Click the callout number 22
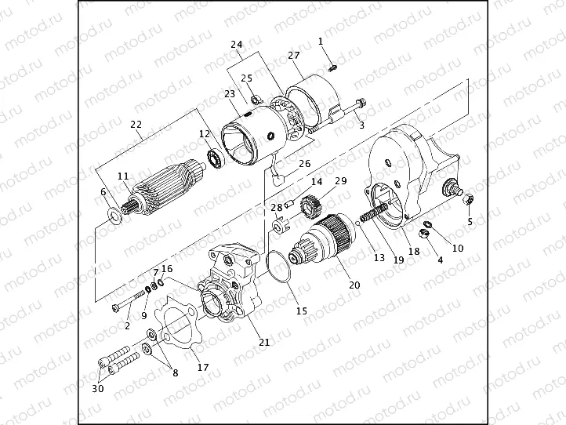point(136,125)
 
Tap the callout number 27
point(294,56)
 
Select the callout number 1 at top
point(321,39)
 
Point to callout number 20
point(354,285)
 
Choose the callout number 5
point(470,221)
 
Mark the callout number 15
point(301,311)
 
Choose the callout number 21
point(264,342)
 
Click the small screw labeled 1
point(332,67)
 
